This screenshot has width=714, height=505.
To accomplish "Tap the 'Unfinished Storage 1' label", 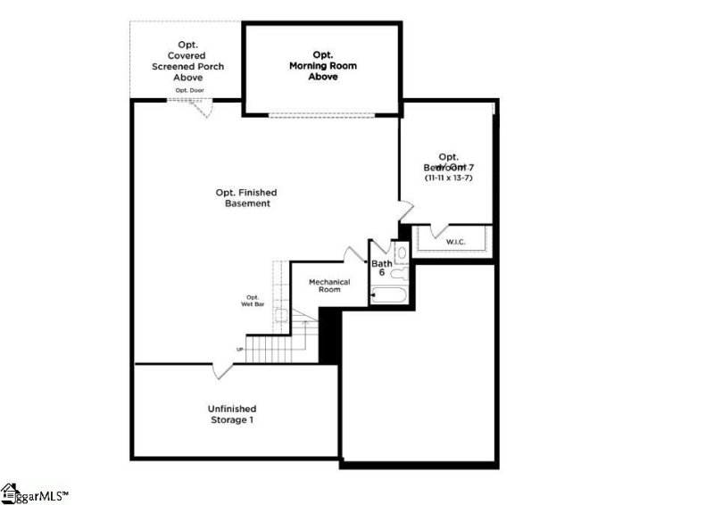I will pos(233,414).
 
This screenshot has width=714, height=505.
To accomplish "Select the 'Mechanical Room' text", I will pos(329,286).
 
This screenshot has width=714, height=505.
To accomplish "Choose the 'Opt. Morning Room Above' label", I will pos(321,65).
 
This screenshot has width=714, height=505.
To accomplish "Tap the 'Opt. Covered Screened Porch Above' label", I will pos(187,60).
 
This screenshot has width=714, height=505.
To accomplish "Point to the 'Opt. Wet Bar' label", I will pos(253,301).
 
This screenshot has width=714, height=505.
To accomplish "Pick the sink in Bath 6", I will pos(401,274).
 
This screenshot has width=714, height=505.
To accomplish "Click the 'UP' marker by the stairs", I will pos(239,349).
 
